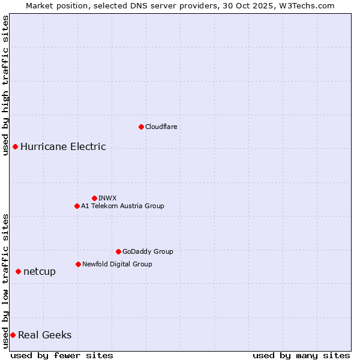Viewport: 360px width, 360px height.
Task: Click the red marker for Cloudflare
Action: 141,127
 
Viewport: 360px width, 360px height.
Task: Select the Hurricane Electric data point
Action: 15,146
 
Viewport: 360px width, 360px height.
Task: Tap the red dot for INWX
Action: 94,198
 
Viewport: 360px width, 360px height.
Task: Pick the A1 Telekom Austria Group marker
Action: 77,206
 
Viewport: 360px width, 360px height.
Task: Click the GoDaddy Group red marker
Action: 118,251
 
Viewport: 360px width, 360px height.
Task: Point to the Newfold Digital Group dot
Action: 78,264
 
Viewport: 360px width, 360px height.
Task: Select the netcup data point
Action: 18,272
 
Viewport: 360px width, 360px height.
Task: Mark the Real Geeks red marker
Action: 13,335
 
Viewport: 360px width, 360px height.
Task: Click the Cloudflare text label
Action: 161,127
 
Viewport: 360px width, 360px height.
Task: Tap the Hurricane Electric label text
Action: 63,146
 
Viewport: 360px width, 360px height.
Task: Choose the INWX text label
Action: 107,198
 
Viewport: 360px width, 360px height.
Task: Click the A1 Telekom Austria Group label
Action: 122,206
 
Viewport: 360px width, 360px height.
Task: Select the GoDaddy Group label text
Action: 148,251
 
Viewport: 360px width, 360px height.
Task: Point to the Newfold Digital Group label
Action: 117,264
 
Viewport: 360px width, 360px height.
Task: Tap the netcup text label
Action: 40,272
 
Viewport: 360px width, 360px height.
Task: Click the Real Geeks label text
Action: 44,335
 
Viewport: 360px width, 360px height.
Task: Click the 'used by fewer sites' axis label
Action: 62,355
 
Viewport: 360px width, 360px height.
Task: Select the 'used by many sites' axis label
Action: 301,355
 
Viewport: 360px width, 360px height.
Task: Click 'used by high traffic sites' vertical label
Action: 6,86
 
